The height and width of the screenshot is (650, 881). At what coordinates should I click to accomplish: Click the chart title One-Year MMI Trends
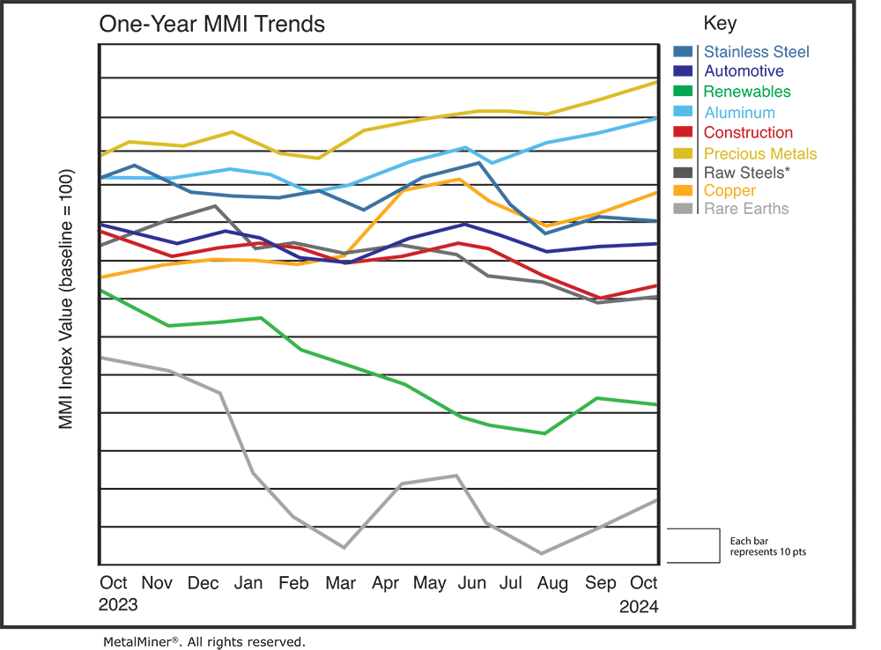click(211, 24)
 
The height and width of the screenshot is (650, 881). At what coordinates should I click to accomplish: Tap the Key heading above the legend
click(720, 23)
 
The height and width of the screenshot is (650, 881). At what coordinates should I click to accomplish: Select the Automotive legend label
click(744, 71)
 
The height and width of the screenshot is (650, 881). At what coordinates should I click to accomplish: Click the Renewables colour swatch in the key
click(684, 92)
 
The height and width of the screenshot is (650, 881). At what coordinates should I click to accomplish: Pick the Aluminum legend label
click(739, 112)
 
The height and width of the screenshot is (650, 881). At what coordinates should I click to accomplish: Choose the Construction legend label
click(748, 133)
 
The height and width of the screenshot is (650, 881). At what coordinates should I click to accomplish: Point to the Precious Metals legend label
click(760, 153)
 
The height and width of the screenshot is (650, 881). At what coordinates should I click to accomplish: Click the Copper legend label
click(729, 190)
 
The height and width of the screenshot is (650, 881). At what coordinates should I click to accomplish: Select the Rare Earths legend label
click(746, 209)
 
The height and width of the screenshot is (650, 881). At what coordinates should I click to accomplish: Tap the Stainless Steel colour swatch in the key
click(684, 52)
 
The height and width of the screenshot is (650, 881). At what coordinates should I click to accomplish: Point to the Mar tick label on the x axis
click(341, 583)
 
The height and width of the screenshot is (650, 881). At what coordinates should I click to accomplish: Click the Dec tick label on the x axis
click(204, 583)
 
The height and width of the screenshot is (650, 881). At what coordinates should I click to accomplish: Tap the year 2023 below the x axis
click(118, 606)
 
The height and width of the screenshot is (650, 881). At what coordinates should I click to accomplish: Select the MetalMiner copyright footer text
click(204, 641)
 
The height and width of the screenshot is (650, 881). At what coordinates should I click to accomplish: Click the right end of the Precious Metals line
click(657, 82)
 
